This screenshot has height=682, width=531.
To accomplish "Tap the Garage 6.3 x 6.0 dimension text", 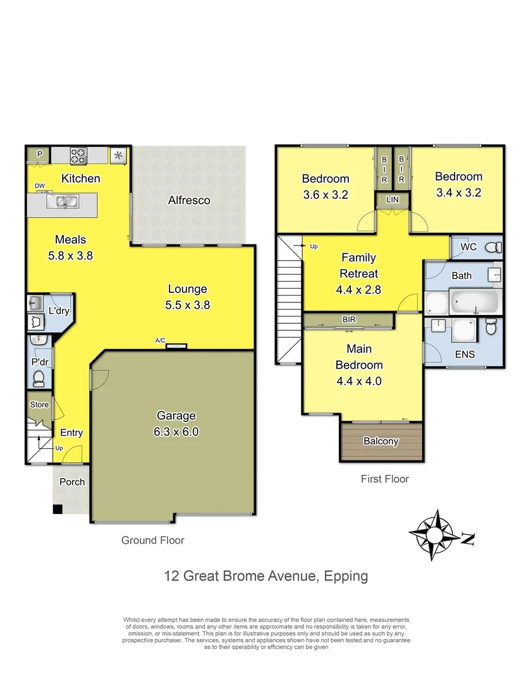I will (176, 433).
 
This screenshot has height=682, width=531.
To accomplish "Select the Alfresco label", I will (188, 200).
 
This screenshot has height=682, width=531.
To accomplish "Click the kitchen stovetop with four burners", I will (78, 155).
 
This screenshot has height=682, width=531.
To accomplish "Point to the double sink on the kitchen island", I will (64, 202).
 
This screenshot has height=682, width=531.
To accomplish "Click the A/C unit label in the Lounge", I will (161, 340).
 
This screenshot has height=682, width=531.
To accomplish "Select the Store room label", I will (39, 405).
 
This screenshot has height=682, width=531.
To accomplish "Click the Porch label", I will (72, 482).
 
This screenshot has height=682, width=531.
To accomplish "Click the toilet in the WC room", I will (495, 247).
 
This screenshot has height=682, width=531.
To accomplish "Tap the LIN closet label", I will (393, 200).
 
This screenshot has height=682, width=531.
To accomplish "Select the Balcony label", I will (381, 441).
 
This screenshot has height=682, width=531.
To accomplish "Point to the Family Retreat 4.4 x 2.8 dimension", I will (358, 290).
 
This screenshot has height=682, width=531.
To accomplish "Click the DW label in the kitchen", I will (39, 186).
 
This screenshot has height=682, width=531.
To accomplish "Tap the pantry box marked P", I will (39, 153).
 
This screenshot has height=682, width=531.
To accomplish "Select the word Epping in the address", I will (346, 575).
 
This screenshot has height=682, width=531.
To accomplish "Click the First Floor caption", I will (384, 479).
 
